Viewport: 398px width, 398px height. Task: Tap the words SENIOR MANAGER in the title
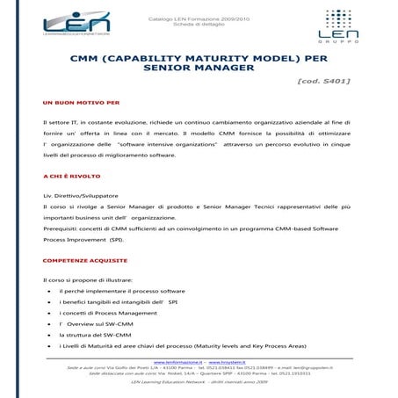coord(197,67)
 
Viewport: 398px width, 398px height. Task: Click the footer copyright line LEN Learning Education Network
coord(199,382)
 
